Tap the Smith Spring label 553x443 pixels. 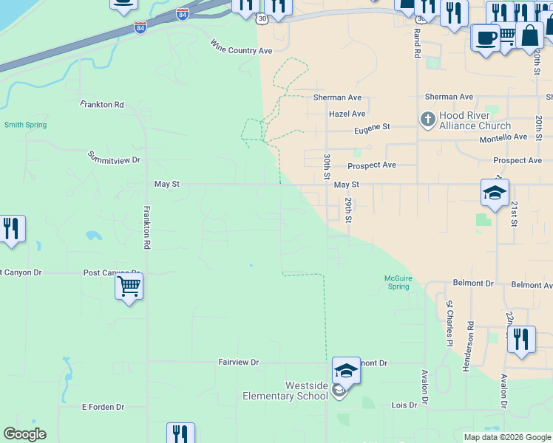[x=25, y=125]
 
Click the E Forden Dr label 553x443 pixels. [x=103, y=407]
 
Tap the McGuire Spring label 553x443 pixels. [x=398, y=282]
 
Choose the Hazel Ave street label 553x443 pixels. [x=347, y=114]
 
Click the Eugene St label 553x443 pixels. [x=372, y=128]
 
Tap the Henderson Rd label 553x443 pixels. [x=470, y=347]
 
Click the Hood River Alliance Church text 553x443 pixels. [x=475, y=121]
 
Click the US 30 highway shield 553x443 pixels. [x=262, y=17]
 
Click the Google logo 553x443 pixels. [x=24, y=434]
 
